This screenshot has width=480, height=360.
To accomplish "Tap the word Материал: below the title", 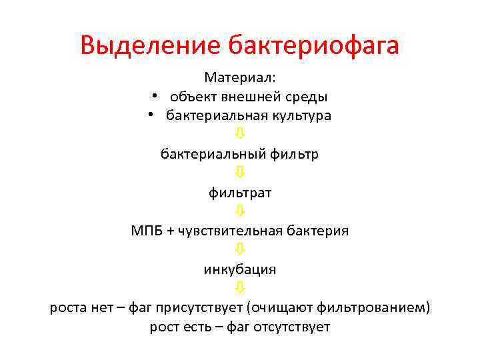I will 240,77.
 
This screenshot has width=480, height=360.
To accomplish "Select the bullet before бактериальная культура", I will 151,115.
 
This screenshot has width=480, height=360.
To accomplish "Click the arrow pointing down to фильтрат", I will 240,173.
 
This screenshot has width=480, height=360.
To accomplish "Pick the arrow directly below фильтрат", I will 240,211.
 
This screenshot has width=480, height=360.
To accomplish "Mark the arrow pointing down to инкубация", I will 240,250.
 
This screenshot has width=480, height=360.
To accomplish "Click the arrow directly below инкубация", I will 240,288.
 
